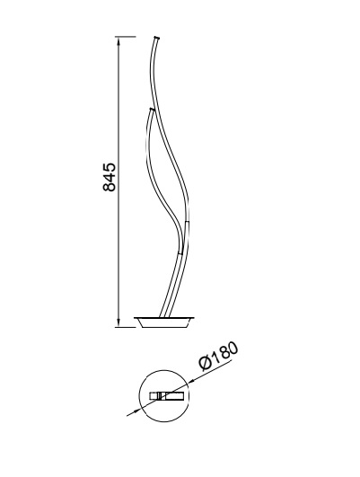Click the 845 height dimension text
click(x=110, y=177)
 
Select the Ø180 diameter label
click(x=218, y=356)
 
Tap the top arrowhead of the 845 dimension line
click(x=119, y=41)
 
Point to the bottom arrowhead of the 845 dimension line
click(x=119, y=322)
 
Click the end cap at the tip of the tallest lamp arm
click(x=157, y=37)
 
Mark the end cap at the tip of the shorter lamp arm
click(x=152, y=109)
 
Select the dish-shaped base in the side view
click(x=164, y=322)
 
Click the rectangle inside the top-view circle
click(x=167, y=396)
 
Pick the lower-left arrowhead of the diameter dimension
click(x=137, y=411)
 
